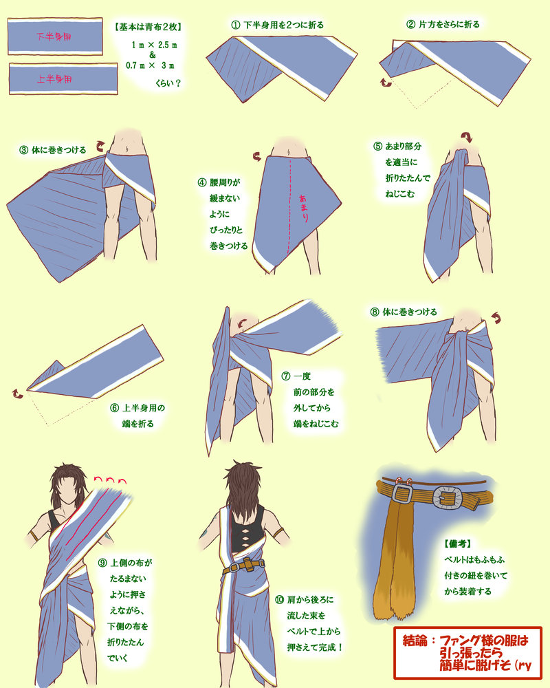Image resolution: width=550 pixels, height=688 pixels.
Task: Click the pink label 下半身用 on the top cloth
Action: click(54, 37)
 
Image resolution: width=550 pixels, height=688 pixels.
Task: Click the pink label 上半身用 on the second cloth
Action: click(54, 79)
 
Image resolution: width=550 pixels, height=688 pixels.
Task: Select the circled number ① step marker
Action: click(236, 25)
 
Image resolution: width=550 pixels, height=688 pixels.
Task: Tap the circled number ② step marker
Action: click(410, 25)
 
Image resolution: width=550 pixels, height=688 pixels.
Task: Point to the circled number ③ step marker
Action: click(23, 150)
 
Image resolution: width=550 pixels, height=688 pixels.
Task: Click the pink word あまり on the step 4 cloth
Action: click(303, 208)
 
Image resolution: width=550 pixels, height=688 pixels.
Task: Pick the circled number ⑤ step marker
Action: click(377, 146)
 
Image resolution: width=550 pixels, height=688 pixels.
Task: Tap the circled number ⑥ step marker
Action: click(115, 408)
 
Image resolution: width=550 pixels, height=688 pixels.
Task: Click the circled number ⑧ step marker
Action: click(375, 312)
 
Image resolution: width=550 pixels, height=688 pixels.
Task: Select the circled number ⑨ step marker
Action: click(102, 563)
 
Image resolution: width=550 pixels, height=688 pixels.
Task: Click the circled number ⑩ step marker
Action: click(279, 600)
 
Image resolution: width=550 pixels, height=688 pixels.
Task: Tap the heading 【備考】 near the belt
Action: click(458, 544)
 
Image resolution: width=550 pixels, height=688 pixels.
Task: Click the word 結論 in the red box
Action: click(415, 641)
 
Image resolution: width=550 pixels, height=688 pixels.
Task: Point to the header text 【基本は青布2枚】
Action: click(148, 27)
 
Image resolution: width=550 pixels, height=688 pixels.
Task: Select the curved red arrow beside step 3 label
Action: click(101, 145)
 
